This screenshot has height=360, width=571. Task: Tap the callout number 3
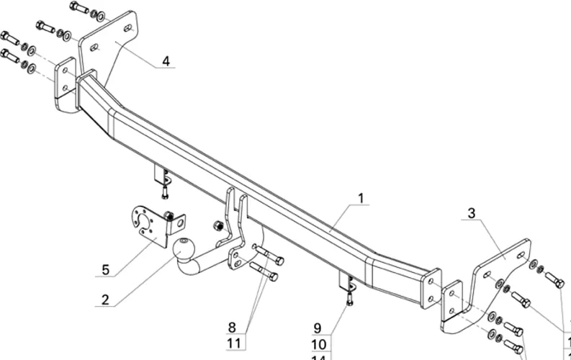tap(472, 213)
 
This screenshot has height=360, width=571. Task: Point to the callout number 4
tap(166, 61)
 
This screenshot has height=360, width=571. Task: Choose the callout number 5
tap(105, 270)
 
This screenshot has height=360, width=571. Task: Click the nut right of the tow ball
tap(216, 227)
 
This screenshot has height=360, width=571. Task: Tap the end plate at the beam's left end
tap(66, 84)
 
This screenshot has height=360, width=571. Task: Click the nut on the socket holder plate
tap(167, 215)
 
